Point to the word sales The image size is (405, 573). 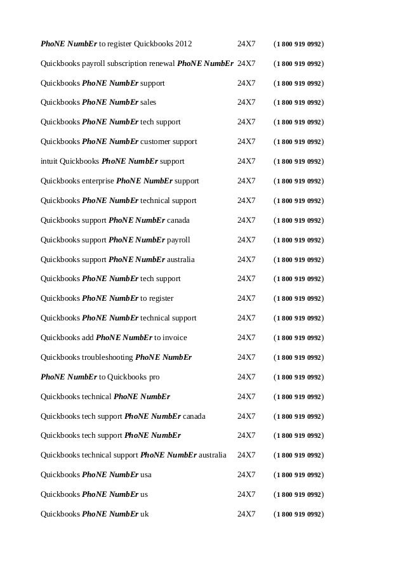[x=148, y=103]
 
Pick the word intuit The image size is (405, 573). [x=48, y=161]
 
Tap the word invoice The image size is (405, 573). [x=175, y=338]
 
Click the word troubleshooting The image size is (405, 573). [x=108, y=357]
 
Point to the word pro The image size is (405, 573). [x=154, y=377]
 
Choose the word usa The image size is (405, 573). [x=146, y=475]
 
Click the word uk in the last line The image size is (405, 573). [x=144, y=514]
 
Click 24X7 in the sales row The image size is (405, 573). [x=246, y=103]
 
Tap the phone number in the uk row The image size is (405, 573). [x=298, y=514]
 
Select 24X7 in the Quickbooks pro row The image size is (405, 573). [x=246, y=377]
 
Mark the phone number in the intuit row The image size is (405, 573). [x=298, y=161]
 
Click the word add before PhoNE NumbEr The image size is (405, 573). [x=88, y=338]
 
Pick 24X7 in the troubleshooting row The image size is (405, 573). [x=246, y=357]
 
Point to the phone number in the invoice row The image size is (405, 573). [x=298, y=338]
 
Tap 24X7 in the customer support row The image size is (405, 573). [x=246, y=142]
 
